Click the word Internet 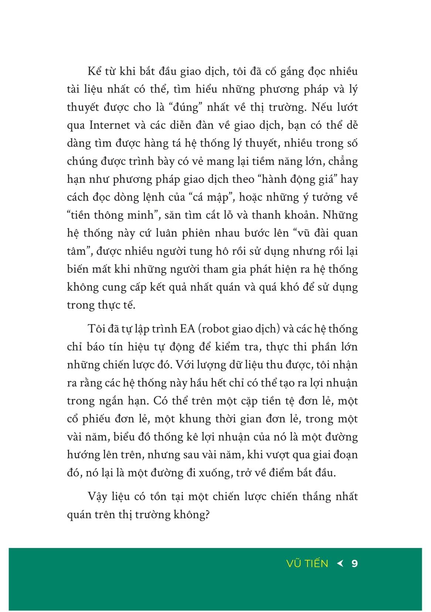pos(110,125)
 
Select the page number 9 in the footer pos(354,563)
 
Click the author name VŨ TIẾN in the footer pos(307,563)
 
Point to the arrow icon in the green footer pos(340,563)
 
